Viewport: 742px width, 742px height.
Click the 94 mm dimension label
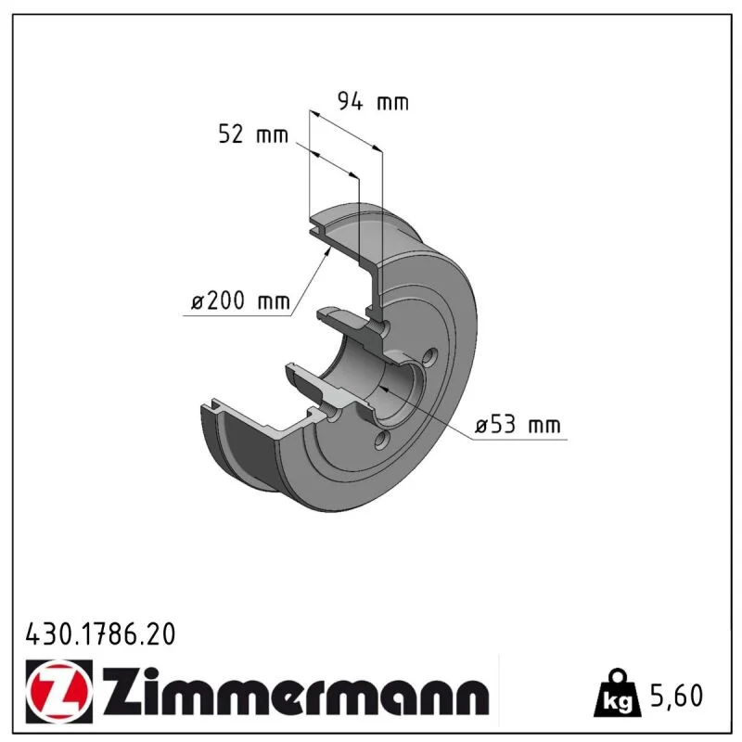coord(373,102)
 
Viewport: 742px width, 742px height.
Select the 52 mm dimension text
coord(253,134)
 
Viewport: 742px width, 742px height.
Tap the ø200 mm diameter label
coord(240,301)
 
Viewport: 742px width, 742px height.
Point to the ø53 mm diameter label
coord(518,424)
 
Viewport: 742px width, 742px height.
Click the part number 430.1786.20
coord(100,634)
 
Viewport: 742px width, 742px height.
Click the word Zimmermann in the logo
coord(296,692)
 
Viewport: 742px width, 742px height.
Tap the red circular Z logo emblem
coord(59,691)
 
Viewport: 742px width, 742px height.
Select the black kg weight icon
coord(617,694)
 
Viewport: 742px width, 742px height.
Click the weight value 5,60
coord(677,696)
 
